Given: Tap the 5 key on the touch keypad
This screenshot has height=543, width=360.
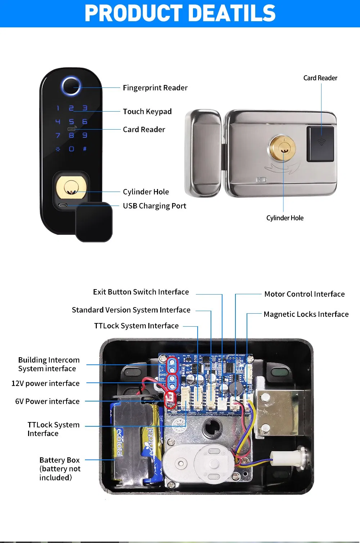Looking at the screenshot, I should [71, 122].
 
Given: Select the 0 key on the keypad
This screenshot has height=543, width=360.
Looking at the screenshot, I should [71, 149].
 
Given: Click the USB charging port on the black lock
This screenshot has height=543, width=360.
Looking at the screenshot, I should [63, 205].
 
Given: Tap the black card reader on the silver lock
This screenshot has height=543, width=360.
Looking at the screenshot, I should [320, 143].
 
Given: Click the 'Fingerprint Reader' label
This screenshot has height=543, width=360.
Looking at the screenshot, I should [155, 88].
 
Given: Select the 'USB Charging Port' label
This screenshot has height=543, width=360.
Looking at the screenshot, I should [154, 206].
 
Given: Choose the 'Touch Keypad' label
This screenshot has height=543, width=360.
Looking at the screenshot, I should [147, 112].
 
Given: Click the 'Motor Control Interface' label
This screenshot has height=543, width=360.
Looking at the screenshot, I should [305, 294].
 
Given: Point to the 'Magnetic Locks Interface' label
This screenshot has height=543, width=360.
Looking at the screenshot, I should [306, 314].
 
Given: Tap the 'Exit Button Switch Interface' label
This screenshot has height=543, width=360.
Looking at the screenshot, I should [141, 292].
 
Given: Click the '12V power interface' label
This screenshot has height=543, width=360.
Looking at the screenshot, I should [45, 383].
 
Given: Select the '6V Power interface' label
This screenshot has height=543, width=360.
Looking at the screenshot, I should [47, 401].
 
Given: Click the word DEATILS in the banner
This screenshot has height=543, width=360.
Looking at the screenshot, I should [232, 13].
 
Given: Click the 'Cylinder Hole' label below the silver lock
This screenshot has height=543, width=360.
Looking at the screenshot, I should [285, 218].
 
